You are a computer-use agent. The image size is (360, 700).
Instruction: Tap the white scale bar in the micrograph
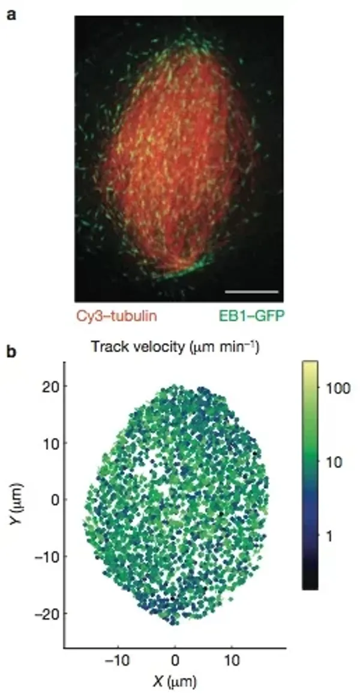252,292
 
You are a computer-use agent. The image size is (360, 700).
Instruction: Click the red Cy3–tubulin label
116,316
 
